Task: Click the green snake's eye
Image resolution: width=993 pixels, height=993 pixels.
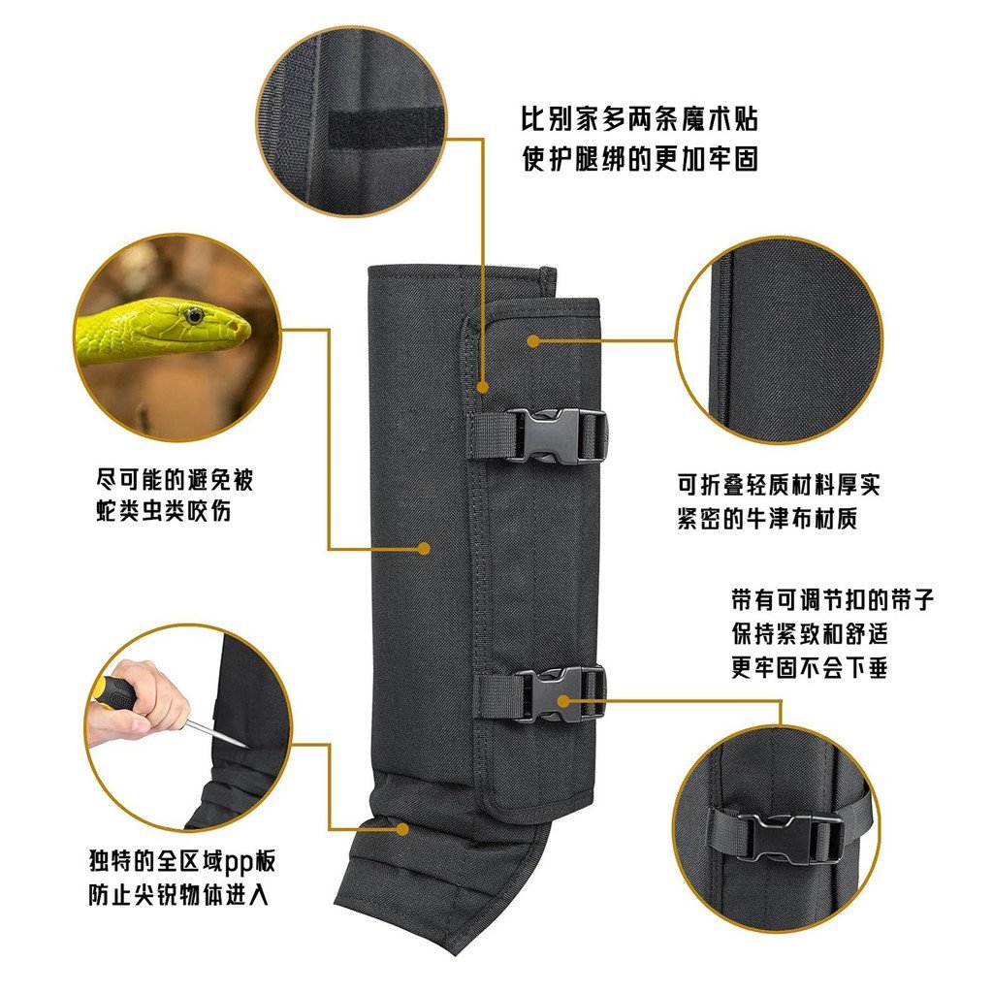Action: point(195,314)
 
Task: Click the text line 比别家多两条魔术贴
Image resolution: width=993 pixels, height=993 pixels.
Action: point(639,121)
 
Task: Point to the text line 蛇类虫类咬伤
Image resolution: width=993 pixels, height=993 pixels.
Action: point(163,512)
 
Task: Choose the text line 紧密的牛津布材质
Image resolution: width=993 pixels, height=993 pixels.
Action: point(767,519)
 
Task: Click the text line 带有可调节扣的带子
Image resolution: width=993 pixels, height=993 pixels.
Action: point(832,599)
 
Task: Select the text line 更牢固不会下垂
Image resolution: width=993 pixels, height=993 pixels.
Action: point(809,668)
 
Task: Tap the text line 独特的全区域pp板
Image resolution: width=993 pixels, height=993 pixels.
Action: point(187,860)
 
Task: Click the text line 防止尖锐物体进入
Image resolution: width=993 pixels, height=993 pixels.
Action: point(176,894)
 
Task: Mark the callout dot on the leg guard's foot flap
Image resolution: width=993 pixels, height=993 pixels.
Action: point(403,829)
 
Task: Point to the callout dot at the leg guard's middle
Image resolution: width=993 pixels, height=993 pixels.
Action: point(424,548)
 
